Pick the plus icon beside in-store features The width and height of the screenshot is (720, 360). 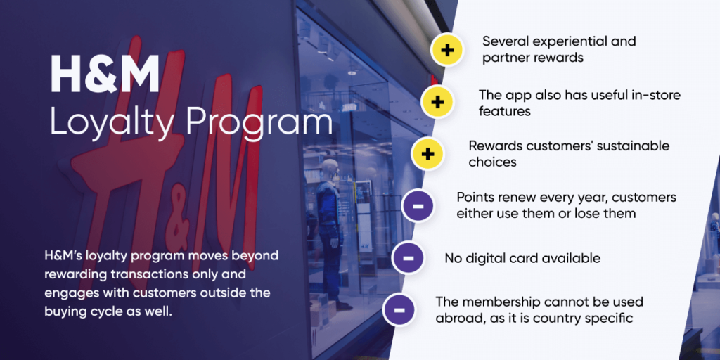437,102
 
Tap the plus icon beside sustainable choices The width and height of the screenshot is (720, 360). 428,153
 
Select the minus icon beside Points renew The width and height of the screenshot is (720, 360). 418,206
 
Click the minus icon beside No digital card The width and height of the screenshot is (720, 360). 409,258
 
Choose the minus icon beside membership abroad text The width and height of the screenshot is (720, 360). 399,309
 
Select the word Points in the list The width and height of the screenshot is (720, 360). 476,198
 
